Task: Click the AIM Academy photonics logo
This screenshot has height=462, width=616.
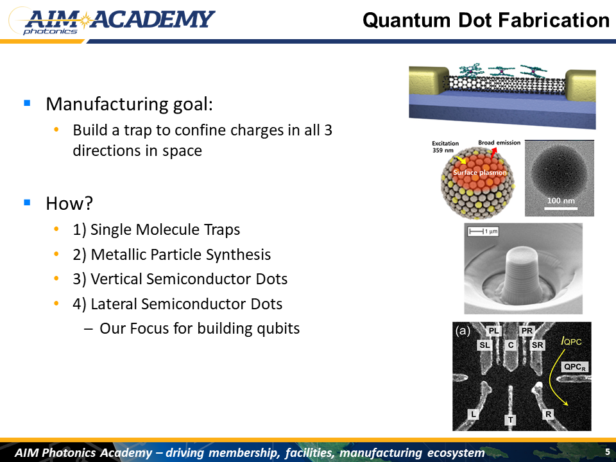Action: coord(112,21)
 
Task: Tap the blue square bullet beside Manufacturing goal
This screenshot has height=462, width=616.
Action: coord(27,103)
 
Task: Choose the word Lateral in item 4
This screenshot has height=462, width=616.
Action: coord(114,304)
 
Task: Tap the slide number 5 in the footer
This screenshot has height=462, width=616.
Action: coord(608,451)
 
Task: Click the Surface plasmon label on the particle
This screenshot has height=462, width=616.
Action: coord(480,173)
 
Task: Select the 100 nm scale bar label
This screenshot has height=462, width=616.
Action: coord(561,200)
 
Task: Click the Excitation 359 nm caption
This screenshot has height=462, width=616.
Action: coord(445,146)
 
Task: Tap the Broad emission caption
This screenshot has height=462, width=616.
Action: coord(499,142)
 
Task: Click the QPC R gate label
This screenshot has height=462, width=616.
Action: coord(575,367)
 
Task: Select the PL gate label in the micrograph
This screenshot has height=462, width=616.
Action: coord(493,331)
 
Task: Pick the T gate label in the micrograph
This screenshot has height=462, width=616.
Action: coord(510,420)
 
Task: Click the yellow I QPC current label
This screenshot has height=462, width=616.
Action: coord(571,341)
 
